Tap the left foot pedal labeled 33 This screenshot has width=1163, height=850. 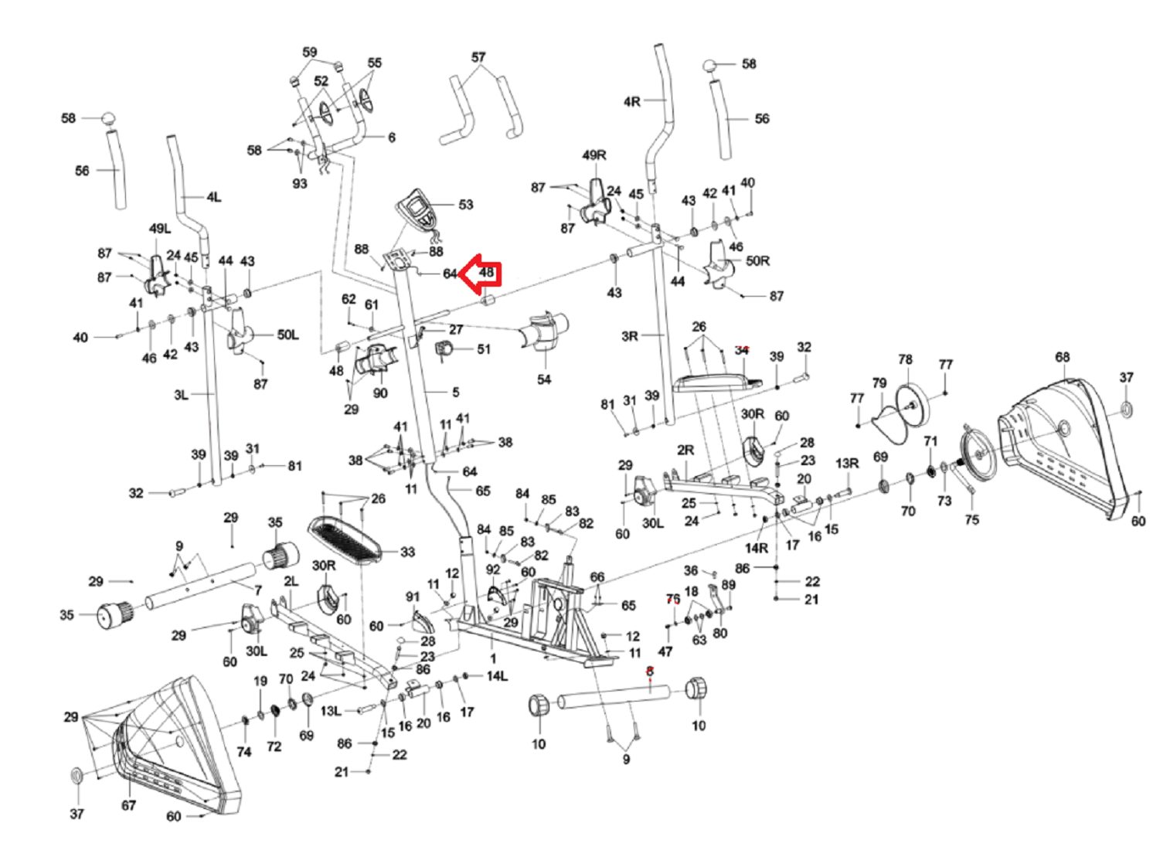click(345, 539)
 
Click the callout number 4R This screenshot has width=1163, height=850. click(632, 101)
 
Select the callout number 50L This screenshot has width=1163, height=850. click(287, 335)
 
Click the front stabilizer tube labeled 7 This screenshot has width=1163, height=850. click(201, 586)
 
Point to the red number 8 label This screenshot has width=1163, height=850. click(650, 671)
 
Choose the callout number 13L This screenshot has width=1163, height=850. click(331, 710)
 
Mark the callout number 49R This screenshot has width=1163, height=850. click(594, 155)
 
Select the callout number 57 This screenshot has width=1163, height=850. click(478, 57)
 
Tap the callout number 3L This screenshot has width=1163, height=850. click(181, 395)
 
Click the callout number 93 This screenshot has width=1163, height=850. click(300, 183)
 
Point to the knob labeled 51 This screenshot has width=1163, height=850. click(446, 350)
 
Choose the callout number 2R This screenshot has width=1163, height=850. click(685, 450)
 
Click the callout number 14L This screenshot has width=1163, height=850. click(497, 676)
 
